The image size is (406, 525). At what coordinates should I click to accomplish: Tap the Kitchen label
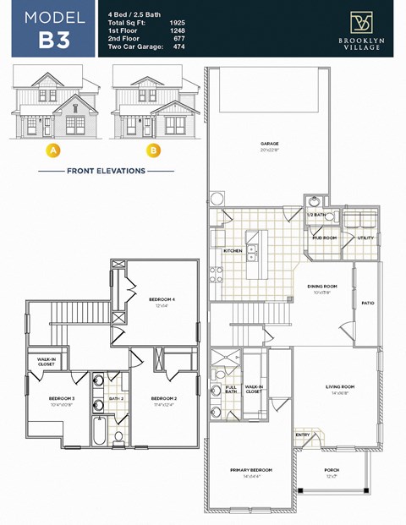coord(233,251)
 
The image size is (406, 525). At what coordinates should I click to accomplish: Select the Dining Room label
coord(321,287)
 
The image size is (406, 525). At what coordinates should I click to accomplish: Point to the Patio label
coord(368,303)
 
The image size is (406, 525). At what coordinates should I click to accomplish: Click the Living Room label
coord(340,386)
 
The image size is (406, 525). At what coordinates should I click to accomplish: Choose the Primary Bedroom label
coord(251,469)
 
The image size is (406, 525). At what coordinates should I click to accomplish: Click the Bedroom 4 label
coord(162,300)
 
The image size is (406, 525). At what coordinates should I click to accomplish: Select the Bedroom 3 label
coord(62,397)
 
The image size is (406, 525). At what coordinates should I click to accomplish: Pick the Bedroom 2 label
coord(163,397)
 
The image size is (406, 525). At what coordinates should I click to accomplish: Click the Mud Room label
coord(324,238)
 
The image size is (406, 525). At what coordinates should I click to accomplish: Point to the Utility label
coord(365,238)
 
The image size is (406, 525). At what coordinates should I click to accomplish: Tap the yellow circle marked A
coord(53,151)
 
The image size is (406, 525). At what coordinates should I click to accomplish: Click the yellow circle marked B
coord(153,151)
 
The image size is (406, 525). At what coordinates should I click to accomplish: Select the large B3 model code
coord(53,41)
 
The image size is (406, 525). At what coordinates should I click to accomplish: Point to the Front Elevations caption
coord(107,171)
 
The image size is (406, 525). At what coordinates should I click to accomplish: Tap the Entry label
coord(302,435)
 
